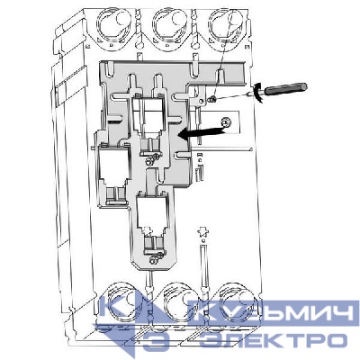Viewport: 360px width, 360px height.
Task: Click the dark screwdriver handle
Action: point(287,87)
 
